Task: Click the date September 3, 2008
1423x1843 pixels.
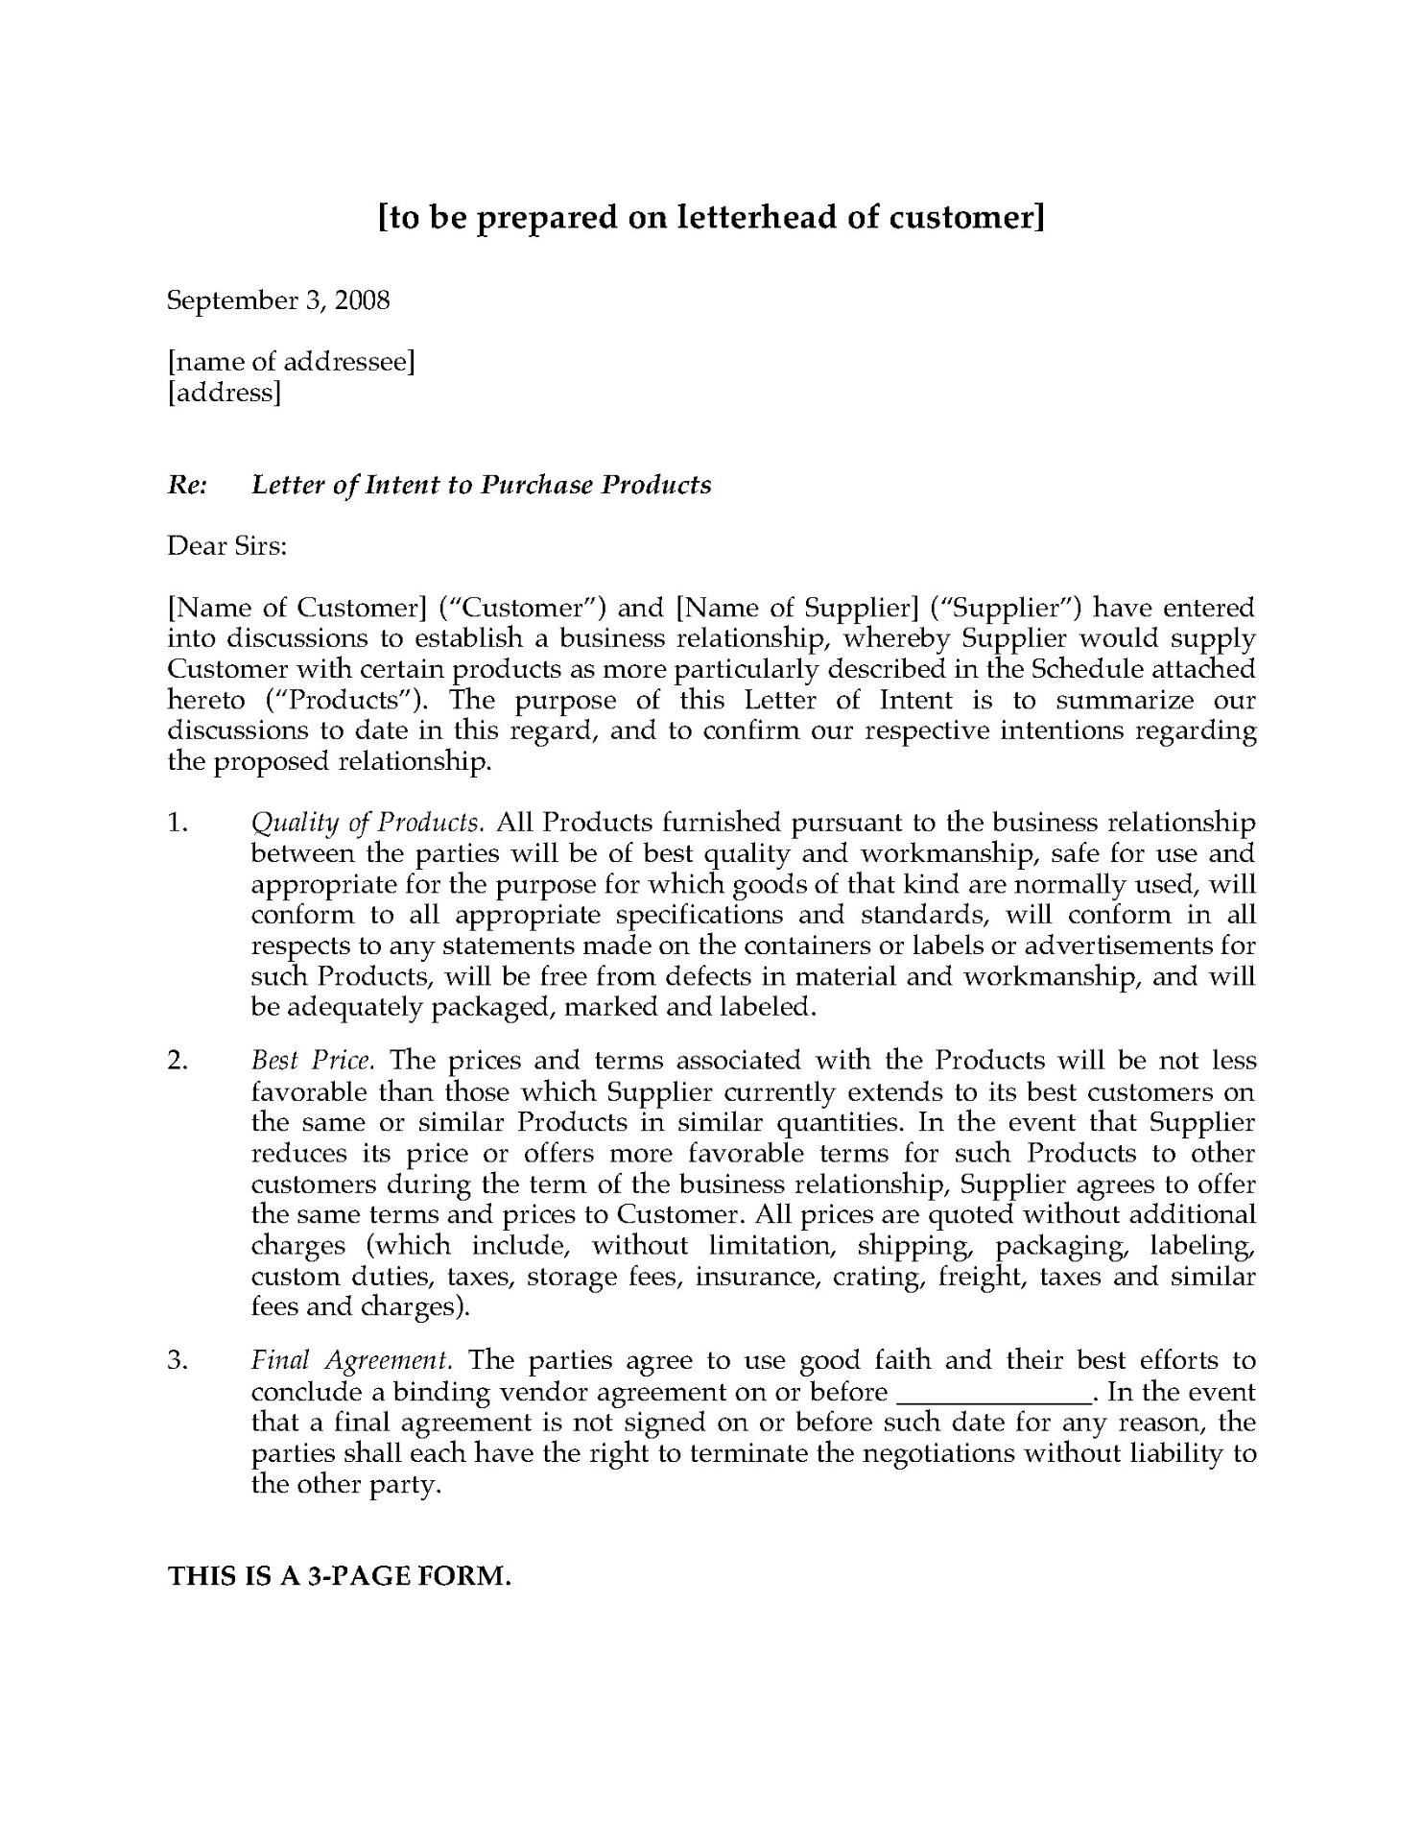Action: [x=278, y=300]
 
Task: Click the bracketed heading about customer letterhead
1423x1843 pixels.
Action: [x=711, y=219]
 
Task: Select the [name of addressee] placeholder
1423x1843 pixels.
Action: [x=291, y=362]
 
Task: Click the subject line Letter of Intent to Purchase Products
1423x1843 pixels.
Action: [x=481, y=485]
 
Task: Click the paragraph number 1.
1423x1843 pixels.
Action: [x=176, y=823]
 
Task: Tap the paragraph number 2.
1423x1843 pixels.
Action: [x=176, y=1061]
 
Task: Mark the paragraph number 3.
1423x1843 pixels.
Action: [x=176, y=1360]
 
